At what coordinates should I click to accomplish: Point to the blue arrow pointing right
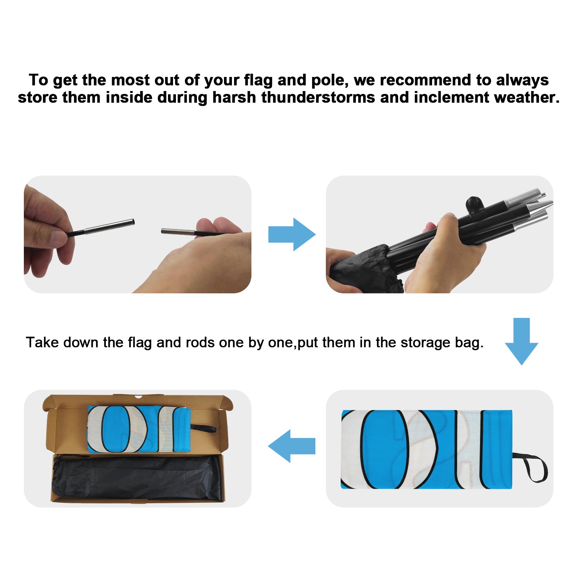pyautogui.click(x=292, y=234)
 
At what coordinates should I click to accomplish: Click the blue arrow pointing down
pyautogui.click(x=521, y=341)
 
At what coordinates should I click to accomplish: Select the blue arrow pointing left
pyautogui.click(x=292, y=446)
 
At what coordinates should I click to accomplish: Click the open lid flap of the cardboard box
pyautogui.click(x=138, y=402)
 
